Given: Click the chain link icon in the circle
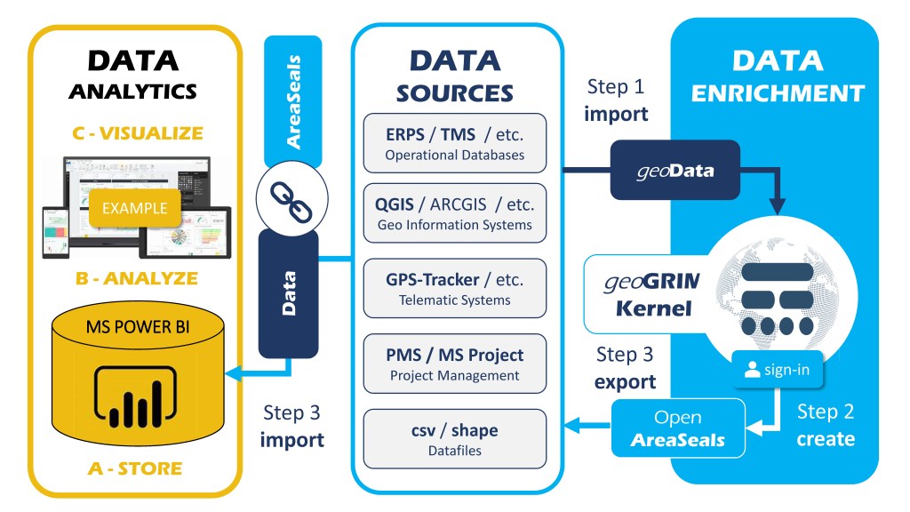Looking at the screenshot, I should click(286, 197).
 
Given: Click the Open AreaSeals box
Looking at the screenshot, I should click(678, 428).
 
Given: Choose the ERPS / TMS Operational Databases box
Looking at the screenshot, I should click(454, 143).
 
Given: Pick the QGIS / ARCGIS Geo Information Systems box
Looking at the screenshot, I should click(454, 212).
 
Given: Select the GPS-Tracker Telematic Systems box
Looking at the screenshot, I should click(454, 288).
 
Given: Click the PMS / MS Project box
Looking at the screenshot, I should click(454, 364).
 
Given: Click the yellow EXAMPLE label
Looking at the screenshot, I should click(135, 209).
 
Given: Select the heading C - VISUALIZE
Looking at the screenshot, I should click(137, 134).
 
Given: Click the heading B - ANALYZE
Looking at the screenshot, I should click(137, 278).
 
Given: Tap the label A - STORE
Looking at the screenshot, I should click(137, 468).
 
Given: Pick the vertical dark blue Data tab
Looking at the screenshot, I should click(288, 293).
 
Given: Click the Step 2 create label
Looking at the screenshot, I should click(826, 425).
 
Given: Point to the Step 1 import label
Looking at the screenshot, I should click(617, 100).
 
